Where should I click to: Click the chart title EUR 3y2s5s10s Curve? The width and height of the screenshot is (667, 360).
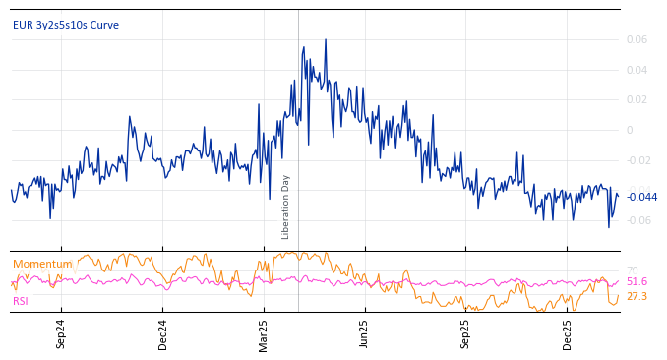65,26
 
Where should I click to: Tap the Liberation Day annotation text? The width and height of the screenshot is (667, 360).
286,207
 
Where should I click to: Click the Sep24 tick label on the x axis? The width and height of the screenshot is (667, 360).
61,334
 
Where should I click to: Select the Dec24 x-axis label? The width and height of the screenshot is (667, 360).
163,334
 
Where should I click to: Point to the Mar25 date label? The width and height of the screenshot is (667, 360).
264,334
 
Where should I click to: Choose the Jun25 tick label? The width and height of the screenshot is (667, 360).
365,334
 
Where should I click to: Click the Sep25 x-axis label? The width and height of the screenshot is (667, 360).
465,334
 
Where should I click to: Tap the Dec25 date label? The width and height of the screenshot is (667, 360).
568,334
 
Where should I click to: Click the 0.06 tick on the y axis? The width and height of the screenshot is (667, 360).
637,40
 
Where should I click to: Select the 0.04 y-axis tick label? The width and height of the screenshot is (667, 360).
637,70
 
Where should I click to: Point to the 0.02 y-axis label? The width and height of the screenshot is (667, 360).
637,100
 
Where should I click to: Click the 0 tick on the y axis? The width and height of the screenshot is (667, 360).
630,130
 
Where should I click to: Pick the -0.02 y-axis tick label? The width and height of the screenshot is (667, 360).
637,160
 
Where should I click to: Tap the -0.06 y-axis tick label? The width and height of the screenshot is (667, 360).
637,220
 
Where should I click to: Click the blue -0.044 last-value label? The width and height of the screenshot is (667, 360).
641,197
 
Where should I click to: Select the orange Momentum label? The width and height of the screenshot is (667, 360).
42,264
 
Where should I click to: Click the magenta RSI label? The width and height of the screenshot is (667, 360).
21,301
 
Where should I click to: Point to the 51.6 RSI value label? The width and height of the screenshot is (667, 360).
637,282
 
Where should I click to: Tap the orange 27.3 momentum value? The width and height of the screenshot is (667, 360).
637,296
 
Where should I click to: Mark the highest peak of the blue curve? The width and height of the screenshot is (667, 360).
326,40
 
